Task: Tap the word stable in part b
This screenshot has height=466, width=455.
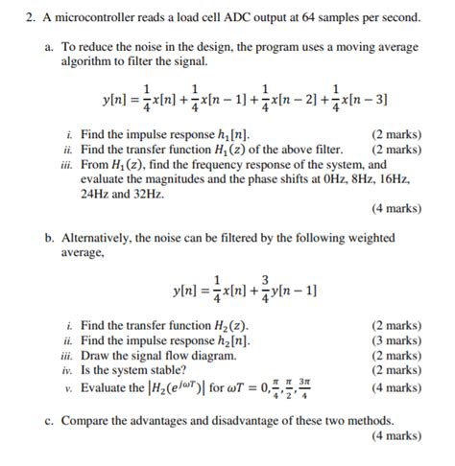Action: click(169, 367)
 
